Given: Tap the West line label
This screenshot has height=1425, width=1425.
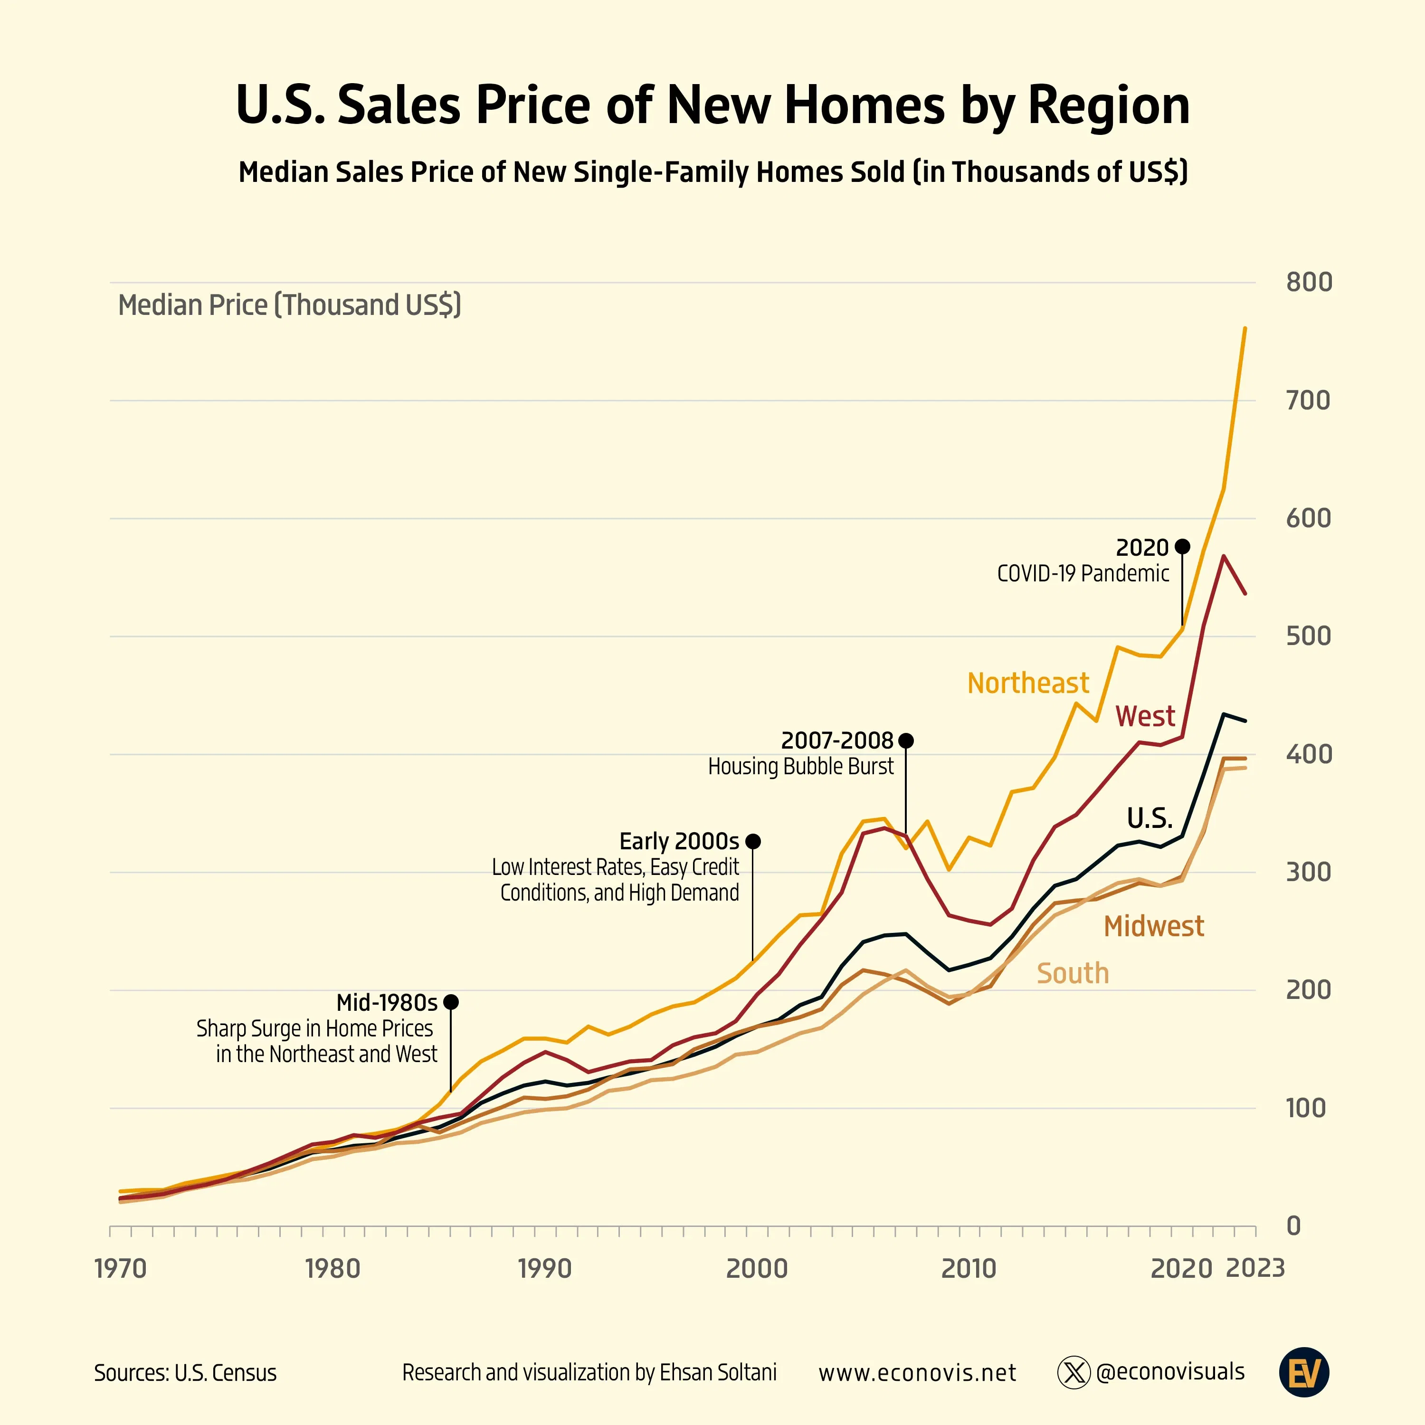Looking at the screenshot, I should (1145, 716).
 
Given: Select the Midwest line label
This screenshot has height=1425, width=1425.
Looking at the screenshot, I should (1154, 926).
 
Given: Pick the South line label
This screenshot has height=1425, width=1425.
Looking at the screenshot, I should (1073, 974).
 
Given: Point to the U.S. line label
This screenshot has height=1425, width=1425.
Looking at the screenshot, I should (1149, 818).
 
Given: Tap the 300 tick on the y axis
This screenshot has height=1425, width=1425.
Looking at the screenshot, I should (1309, 872).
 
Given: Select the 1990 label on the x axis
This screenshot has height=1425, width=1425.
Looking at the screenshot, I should (544, 1269).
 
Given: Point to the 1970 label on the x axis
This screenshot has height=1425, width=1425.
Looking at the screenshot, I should (121, 1269).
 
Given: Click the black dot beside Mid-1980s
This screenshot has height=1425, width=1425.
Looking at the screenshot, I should (451, 1002).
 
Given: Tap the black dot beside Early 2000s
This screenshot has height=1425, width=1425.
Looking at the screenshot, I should (752, 841).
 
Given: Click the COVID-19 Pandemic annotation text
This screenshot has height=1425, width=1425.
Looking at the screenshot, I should (1083, 574).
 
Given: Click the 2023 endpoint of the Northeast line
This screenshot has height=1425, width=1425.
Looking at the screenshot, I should (1245, 328).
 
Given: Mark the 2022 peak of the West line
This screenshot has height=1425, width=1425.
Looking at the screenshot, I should (1224, 556).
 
